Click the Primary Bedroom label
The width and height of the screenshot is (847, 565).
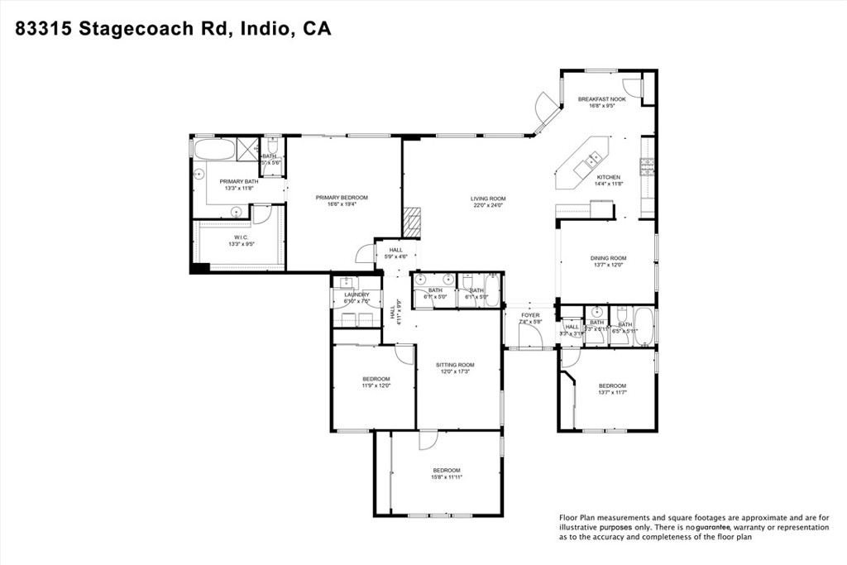[342, 198]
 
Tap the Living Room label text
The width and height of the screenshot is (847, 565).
[488, 199]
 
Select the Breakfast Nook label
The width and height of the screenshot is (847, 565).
[601, 99]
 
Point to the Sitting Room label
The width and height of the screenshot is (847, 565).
[455, 365]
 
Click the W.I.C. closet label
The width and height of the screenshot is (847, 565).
[241, 237]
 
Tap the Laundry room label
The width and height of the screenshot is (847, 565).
[357, 294]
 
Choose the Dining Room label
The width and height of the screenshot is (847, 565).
[608, 258]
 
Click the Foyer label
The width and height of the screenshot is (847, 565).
[530, 315]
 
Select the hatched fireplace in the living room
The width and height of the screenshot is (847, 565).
[412, 221]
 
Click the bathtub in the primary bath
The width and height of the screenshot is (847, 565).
[214, 149]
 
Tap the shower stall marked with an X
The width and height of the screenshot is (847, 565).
[247, 148]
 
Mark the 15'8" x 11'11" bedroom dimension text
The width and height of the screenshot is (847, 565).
[445, 477]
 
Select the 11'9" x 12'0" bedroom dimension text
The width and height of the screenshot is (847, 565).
[376, 385]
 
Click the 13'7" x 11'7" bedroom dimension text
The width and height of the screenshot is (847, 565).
[612, 393]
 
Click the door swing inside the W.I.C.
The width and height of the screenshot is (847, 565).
[262, 214]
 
